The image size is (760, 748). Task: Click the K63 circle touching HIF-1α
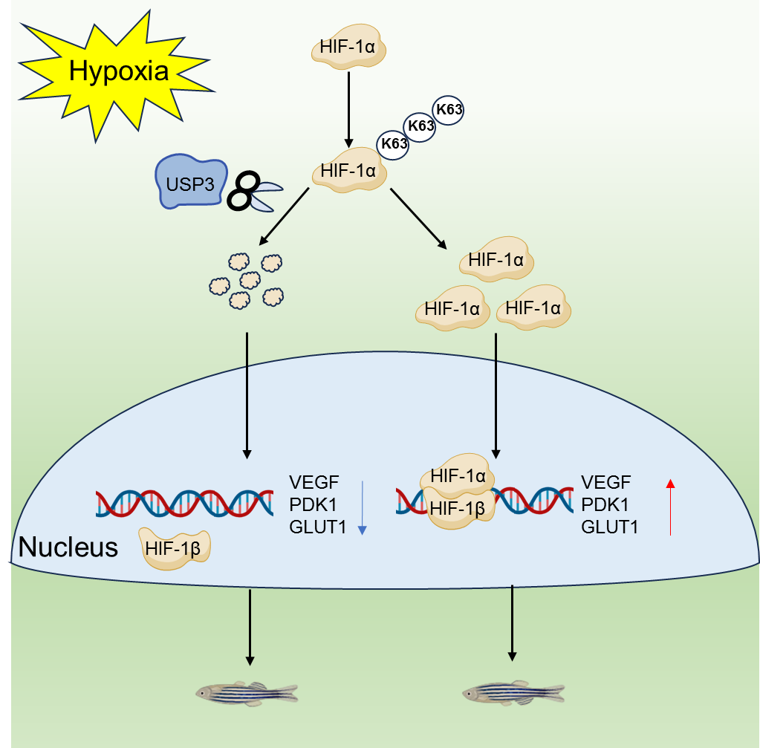tap(394, 143)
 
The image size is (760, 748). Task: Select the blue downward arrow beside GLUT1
tap(362, 507)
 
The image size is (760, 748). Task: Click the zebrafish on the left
tap(247, 692)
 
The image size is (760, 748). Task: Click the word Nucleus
tap(68, 547)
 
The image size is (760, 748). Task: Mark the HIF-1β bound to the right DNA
tap(458, 508)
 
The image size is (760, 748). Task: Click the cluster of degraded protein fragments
tap(246, 280)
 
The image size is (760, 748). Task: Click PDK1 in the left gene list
tap(314, 505)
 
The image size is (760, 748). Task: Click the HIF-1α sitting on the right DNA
tap(458, 475)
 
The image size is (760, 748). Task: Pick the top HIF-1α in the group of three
tap(497, 261)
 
